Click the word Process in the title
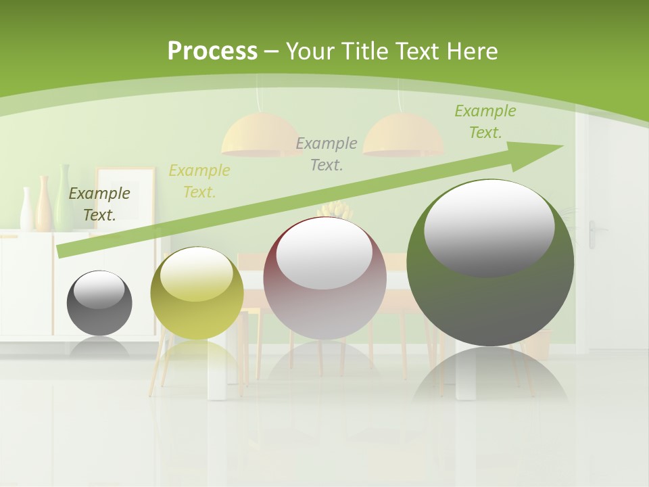pos(212,51)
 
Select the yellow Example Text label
pos(199,181)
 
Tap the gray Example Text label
pos(327,154)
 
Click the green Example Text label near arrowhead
pos(485,122)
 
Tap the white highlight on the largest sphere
pos(489,227)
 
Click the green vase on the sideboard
pos(64,196)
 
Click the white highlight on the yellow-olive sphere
pos(196,274)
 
